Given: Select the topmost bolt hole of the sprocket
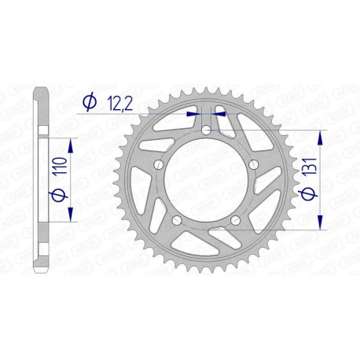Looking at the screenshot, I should (x=206, y=130).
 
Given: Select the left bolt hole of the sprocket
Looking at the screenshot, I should (x=159, y=165).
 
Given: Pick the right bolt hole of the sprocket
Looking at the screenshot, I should (x=252, y=165).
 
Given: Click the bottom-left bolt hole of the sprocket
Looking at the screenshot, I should (x=177, y=219).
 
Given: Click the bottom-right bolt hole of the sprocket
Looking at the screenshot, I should (x=234, y=219).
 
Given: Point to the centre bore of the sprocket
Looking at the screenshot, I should (x=205, y=180).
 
